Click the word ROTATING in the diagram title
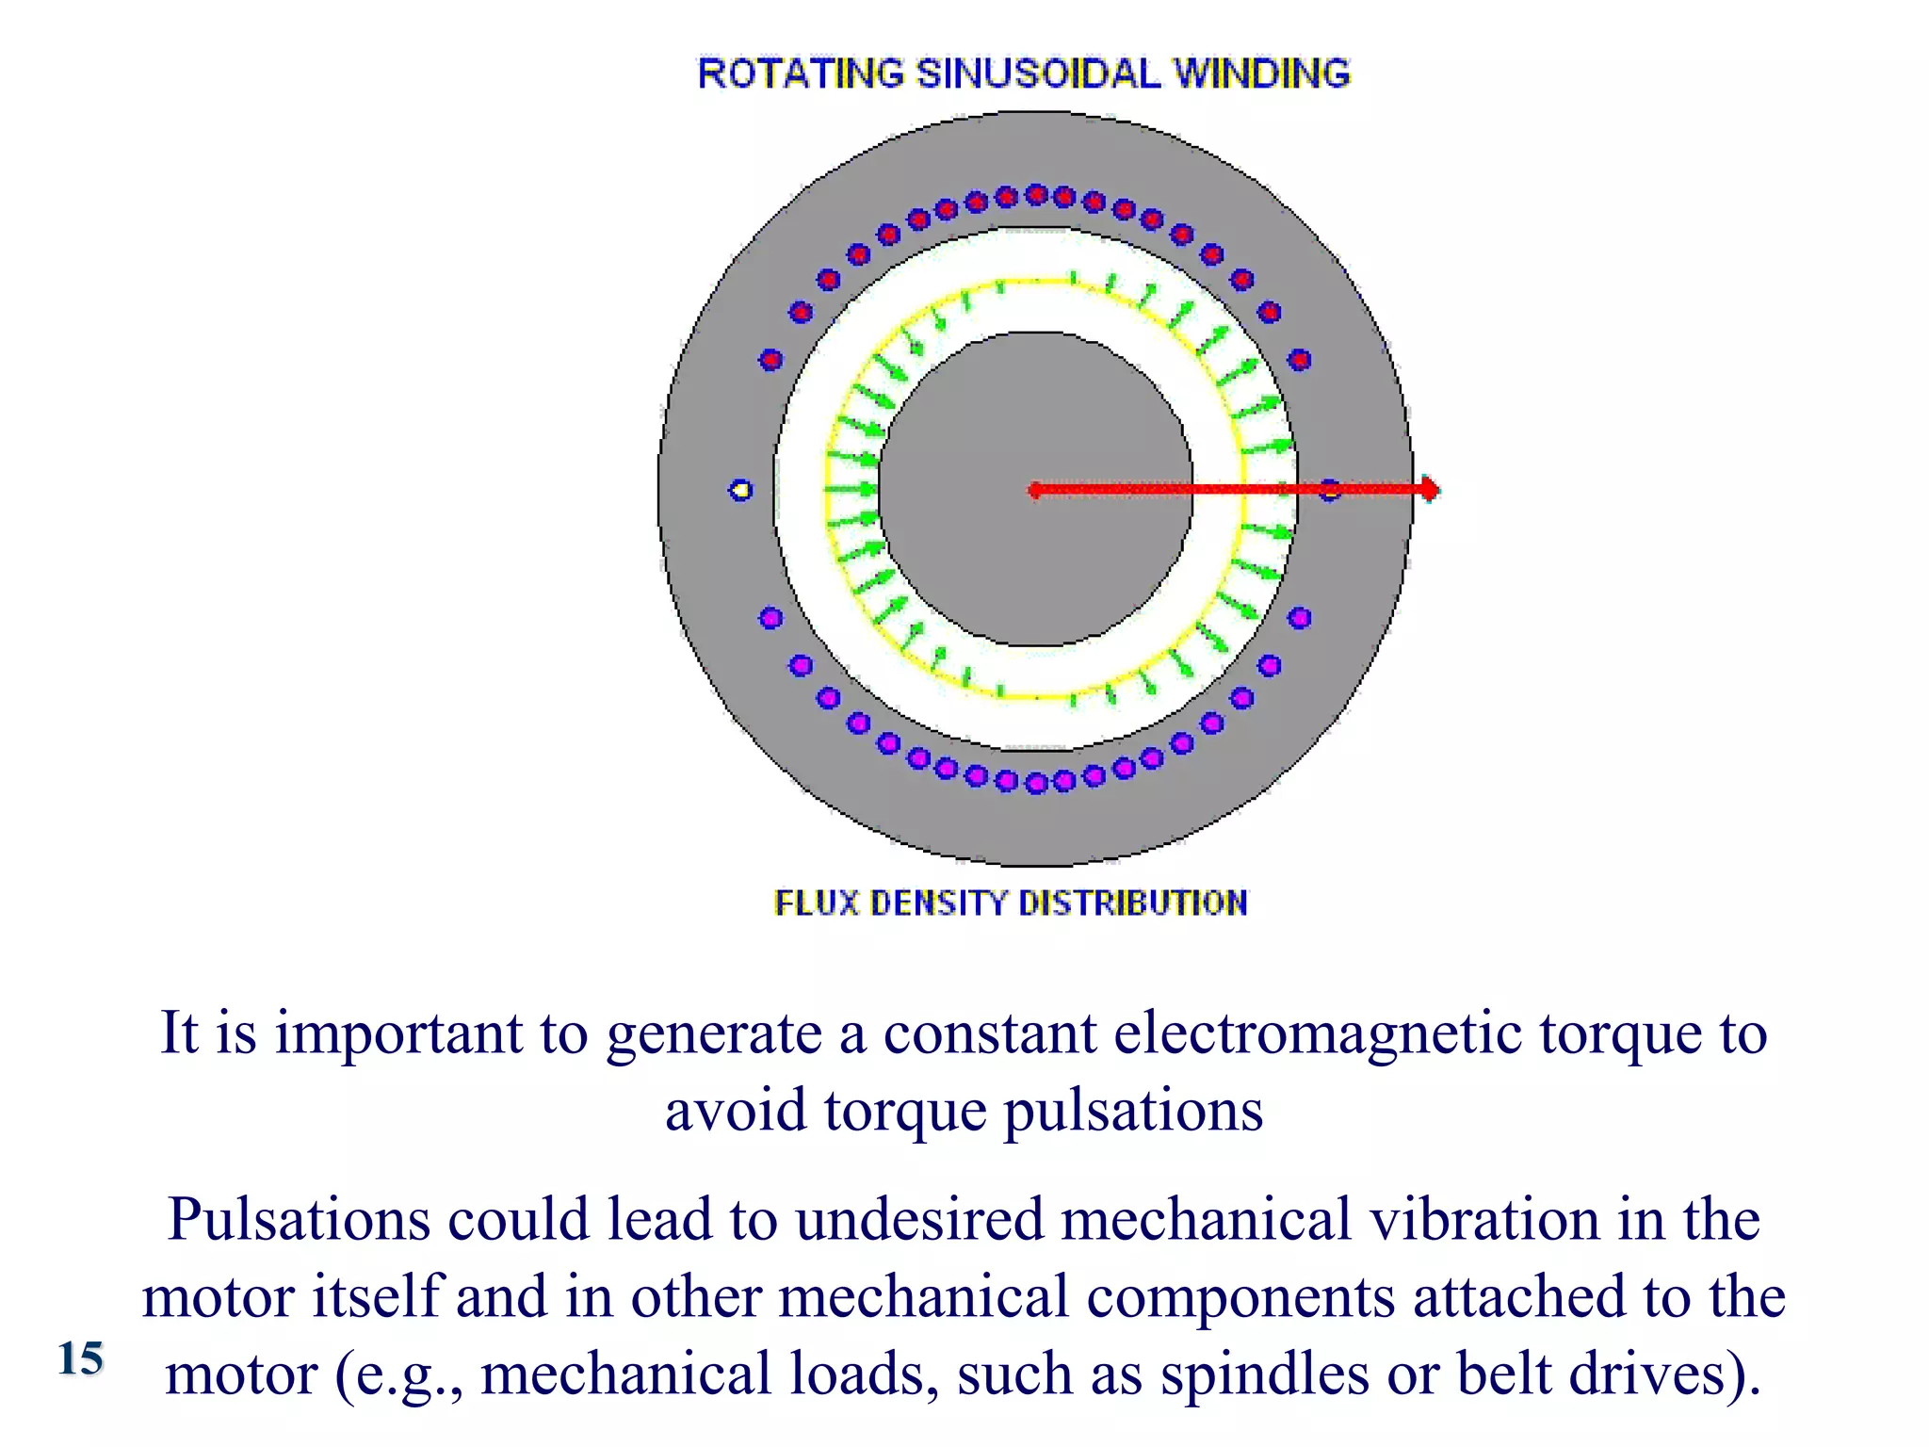tap(800, 73)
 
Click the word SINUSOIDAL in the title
tap(1038, 73)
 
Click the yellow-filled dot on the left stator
tap(741, 490)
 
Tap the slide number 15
tap(80, 1358)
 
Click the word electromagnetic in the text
tap(1318, 1033)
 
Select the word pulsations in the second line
tap(1133, 1111)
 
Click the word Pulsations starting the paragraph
tap(299, 1220)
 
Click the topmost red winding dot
tap(1036, 195)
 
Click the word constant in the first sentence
tap(989, 1033)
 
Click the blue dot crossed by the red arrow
tap(1329, 490)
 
